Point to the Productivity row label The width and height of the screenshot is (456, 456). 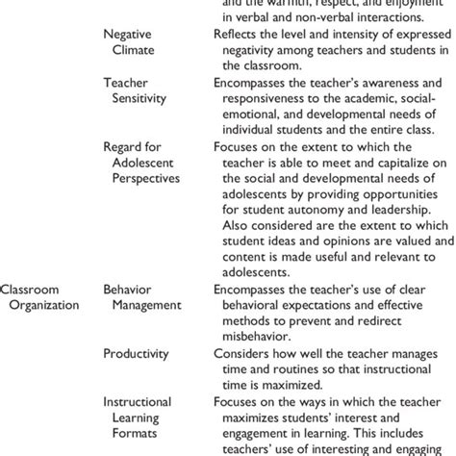[x=139, y=353]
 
